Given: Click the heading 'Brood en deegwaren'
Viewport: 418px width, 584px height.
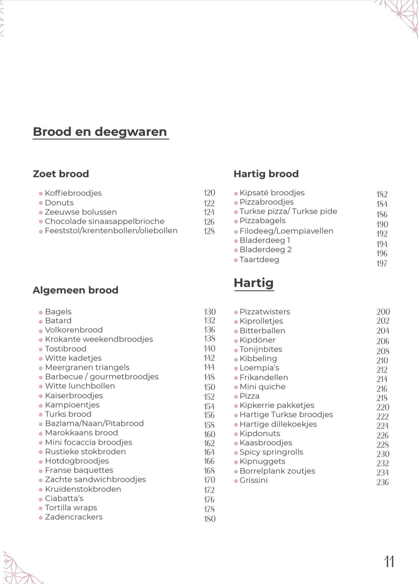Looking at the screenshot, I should [100, 132].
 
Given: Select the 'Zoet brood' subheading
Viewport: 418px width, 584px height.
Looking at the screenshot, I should [61, 174].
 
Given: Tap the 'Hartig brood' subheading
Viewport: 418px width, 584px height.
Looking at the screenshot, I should [266, 174].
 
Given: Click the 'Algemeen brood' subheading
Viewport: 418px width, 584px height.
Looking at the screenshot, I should [75, 290].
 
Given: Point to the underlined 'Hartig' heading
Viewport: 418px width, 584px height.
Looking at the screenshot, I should [254, 283].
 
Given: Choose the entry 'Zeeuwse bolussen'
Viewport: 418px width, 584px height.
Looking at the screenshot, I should [81, 212].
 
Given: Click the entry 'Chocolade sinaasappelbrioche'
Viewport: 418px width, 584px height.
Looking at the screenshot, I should [104, 221].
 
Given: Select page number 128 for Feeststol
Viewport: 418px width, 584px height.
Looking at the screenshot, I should [209, 231].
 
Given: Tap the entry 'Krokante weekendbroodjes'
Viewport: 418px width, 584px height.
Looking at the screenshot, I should [99, 339].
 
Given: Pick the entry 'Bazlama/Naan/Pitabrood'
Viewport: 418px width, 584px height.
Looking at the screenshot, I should [94, 424].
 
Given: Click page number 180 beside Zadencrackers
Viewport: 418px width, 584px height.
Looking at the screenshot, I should [210, 519].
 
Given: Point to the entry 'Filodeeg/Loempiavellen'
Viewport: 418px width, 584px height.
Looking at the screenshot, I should [286, 231].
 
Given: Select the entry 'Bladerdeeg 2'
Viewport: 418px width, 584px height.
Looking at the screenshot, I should [266, 250].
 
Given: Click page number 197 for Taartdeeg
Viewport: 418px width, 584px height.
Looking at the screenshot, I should [382, 264].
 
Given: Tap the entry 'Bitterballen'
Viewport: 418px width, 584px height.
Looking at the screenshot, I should [262, 331].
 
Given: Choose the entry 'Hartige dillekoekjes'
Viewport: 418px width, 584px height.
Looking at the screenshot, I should [278, 424].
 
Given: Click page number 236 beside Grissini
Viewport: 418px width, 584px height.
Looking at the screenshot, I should [382, 482].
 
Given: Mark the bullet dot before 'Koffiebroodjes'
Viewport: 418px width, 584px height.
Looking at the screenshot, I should [41, 193].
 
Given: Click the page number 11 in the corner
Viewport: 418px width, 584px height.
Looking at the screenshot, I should [389, 561].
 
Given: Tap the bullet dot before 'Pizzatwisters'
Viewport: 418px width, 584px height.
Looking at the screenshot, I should [236, 312].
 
